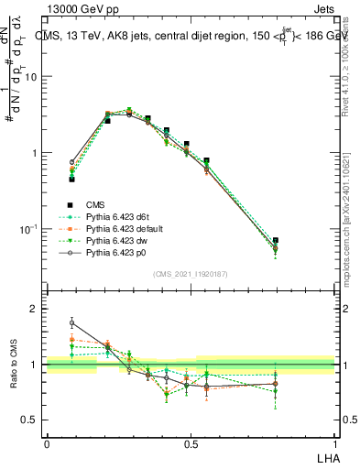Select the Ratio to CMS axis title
tap(16, 365)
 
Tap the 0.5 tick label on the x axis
tap(191, 442)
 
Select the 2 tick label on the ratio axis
tap(35, 310)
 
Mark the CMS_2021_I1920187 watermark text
tap(191, 274)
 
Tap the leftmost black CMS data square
tap(71, 180)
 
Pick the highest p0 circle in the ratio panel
tap(72, 322)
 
